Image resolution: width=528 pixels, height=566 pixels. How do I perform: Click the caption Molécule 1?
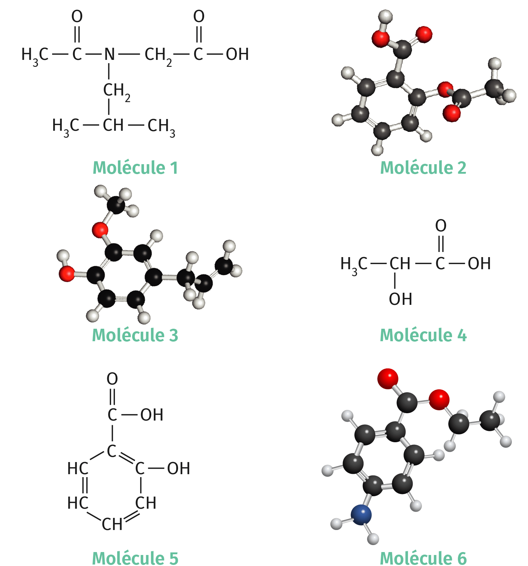[135, 168]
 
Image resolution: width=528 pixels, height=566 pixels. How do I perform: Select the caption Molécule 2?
[423, 168]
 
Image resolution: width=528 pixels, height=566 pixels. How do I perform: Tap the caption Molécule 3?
[135, 335]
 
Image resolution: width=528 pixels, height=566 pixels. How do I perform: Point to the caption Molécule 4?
[423, 335]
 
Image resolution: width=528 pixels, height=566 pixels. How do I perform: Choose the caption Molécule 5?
[135, 558]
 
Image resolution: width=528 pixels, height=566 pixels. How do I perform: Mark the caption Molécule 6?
[423, 558]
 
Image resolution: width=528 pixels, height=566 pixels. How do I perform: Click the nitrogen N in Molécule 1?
[109, 54]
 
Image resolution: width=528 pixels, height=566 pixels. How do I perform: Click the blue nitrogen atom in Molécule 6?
[361, 515]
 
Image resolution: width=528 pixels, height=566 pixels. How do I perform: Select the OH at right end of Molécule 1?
[237, 54]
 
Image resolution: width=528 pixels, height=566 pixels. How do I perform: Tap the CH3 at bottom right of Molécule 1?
[161, 126]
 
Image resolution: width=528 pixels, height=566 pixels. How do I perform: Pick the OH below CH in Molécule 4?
[400, 299]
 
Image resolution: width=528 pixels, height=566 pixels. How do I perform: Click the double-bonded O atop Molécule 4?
[441, 226]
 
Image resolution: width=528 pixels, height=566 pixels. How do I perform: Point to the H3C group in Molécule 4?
[354, 264]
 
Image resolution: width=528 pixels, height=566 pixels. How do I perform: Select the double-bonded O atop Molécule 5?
[112, 379]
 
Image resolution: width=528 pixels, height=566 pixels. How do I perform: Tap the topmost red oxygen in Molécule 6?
[387, 378]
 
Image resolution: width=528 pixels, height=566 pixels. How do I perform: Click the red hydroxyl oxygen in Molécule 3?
[67, 274]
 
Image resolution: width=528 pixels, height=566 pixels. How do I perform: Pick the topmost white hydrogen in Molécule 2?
[385, 16]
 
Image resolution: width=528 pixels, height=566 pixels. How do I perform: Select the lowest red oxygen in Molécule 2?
[451, 113]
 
